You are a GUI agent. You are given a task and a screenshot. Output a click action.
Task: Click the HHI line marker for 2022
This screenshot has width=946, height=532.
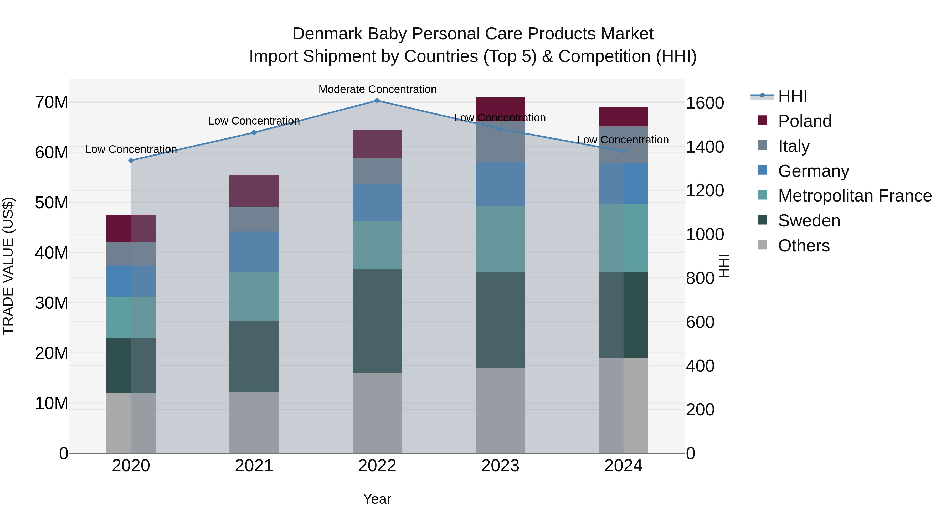point(377,101)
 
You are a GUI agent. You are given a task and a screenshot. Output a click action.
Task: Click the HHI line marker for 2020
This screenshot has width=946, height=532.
point(131,161)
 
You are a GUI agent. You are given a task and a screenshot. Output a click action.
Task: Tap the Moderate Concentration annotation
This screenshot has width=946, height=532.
point(377,89)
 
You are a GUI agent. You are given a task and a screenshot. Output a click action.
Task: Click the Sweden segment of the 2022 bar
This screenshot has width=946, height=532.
point(377,321)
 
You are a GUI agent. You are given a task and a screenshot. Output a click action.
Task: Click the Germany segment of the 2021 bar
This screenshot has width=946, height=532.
point(254,251)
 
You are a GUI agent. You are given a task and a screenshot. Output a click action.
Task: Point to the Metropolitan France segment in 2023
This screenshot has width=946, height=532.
point(500,239)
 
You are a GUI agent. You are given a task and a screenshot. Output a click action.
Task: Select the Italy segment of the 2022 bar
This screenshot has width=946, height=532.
point(377,171)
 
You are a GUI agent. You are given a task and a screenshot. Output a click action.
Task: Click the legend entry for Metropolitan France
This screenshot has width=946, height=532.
point(855,196)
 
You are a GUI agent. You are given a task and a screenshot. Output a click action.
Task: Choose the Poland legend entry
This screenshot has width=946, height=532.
point(805,121)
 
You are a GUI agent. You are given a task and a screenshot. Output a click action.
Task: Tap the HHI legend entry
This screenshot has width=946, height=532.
point(793,96)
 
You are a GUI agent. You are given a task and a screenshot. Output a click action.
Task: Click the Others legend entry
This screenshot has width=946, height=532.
point(804,246)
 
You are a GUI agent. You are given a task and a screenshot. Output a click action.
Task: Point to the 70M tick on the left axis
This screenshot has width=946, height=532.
point(52,102)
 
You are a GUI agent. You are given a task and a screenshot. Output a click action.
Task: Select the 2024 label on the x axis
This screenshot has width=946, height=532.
point(623,466)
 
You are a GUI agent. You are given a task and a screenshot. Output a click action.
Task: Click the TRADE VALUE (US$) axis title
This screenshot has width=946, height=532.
point(8,266)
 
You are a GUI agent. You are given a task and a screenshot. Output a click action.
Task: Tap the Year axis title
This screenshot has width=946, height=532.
point(377,499)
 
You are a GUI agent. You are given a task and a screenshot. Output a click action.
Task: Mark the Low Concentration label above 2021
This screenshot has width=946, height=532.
point(254,121)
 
